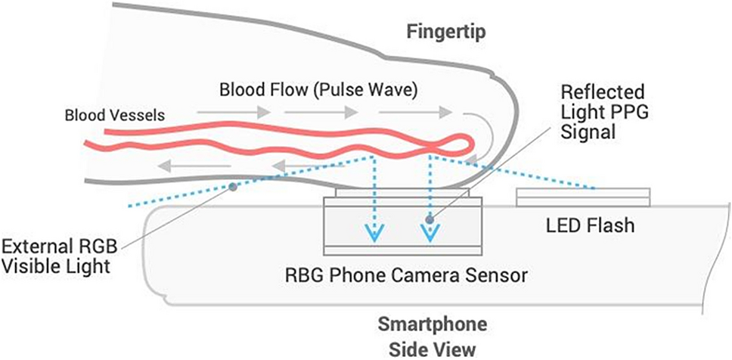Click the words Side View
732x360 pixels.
[433, 349]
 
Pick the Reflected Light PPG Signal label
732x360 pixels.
[602, 112]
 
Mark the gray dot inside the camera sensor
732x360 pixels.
[430, 220]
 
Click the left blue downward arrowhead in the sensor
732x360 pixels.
[373, 234]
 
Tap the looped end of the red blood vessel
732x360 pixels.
[460, 141]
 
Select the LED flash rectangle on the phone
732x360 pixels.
[582, 197]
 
